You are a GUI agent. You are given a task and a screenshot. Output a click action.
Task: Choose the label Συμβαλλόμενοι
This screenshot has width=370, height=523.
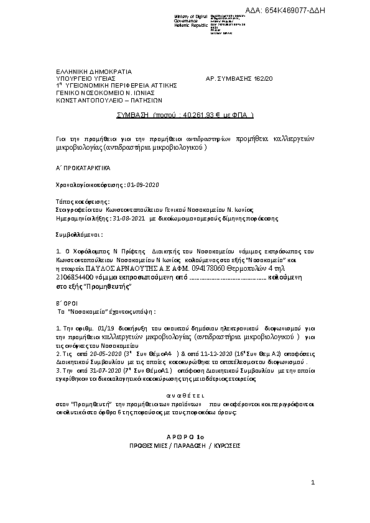(76, 236)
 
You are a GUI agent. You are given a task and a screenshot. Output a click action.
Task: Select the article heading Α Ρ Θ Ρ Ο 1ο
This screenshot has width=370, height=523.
(185, 437)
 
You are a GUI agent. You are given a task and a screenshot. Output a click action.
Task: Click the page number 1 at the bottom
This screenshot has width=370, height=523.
(313, 483)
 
